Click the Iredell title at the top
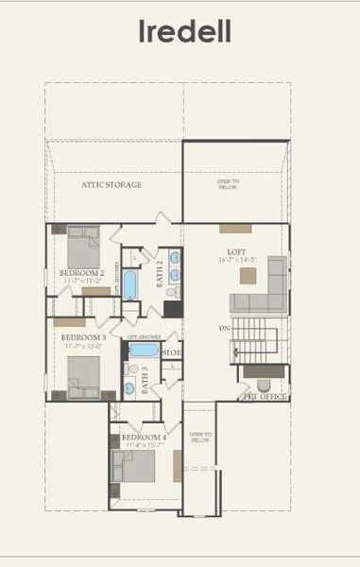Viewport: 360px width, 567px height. [x=185, y=32]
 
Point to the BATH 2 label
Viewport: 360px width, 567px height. [x=160, y=272]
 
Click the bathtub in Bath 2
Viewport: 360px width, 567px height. [x=129, y=285]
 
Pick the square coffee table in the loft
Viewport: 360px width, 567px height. [x=248, y=276]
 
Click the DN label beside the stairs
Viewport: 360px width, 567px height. [x=224, y=327]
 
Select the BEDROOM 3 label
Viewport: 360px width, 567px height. [x=82, y=337]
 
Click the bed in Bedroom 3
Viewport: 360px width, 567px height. [x=81, y=376]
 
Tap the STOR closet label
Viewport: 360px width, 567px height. [x=172, y=353]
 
